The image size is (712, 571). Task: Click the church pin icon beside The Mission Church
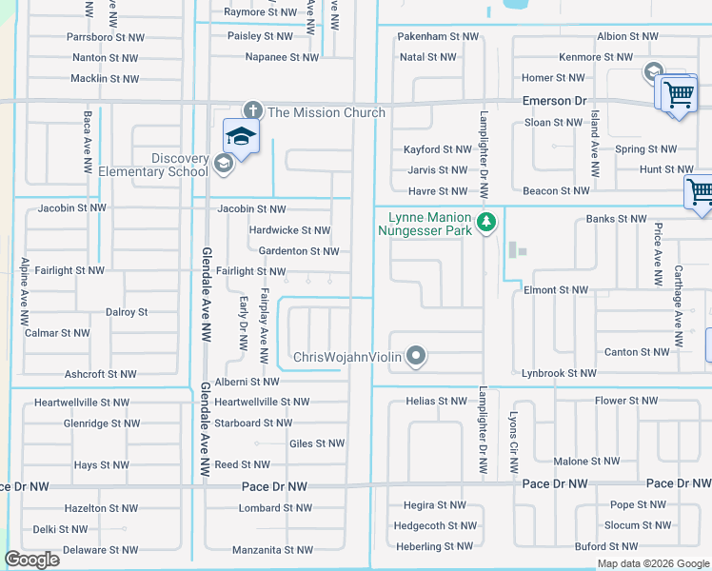point(252,111)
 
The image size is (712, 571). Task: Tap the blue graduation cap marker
point(241,136)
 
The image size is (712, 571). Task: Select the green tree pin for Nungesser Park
point(486,223)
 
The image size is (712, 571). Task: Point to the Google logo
point(31,560)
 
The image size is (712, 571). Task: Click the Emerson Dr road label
point(554,100)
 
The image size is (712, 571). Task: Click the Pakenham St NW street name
point(438,36)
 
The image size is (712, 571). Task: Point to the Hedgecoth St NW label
point(435,525)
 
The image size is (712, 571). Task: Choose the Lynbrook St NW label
point(559,374)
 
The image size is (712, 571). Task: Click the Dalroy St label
point(127,311)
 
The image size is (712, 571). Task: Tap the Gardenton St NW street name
point(299,251)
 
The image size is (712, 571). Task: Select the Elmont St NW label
point(556,289)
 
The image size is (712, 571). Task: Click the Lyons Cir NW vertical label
point(513,443)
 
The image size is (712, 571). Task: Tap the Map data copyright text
point(653,563)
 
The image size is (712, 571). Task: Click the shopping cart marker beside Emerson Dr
point(678,94)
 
